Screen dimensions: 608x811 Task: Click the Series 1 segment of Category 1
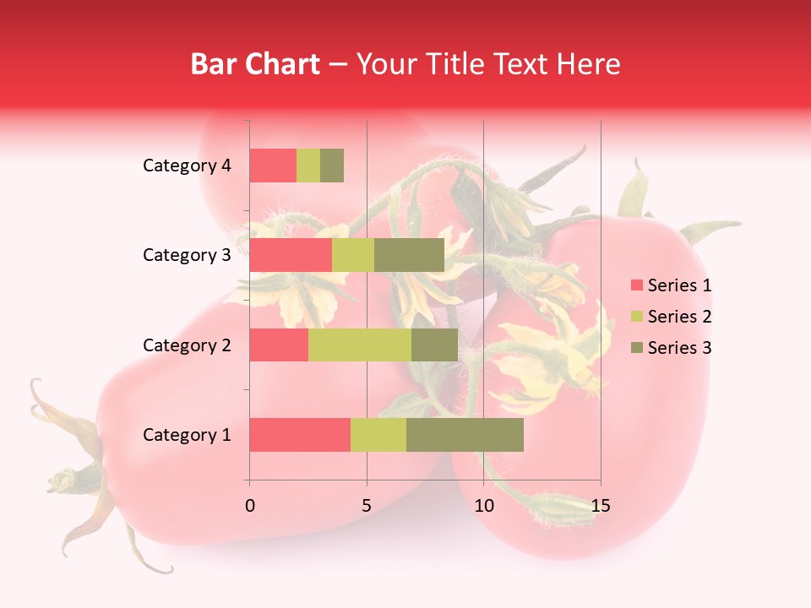[300, 435]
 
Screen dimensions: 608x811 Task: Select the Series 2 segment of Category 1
[378, 435]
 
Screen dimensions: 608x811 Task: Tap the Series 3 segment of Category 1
[465, 435]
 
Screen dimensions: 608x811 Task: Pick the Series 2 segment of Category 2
[360, 345]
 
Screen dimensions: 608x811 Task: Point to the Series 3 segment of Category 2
[434, 345]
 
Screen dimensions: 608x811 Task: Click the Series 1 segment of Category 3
[291, 255]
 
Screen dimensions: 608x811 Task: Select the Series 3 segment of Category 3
[409, 255]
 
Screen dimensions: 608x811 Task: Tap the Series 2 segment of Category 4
[308, 166]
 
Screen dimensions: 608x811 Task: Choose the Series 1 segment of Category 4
[273, 166]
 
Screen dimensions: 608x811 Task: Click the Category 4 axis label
[187, 166]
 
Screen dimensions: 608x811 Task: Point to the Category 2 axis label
[187, 345]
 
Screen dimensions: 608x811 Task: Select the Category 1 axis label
[187, 435]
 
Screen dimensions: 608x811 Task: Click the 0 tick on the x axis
[250, 506]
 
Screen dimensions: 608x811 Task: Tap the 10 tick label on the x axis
[483, 506]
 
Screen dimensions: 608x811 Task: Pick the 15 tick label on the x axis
[600, 506]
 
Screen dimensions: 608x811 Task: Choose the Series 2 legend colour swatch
[636, 317]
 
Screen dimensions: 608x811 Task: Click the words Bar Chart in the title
[254, 63]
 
